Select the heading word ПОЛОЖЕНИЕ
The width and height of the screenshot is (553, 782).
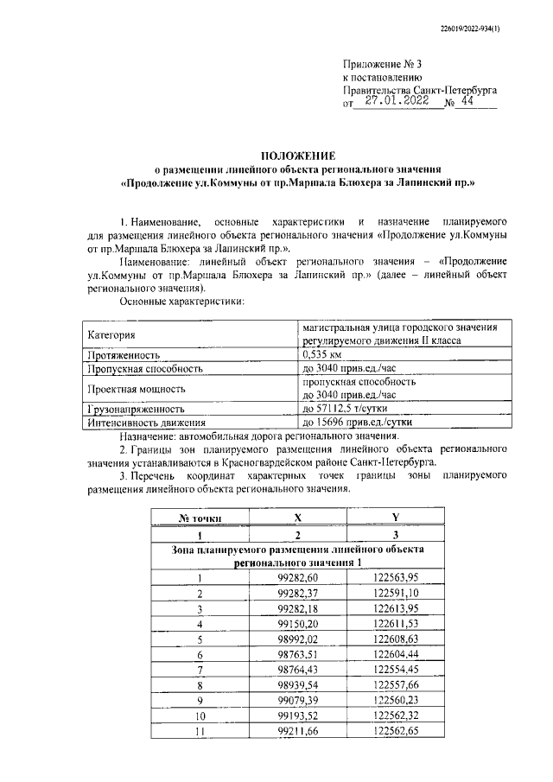(298, 155)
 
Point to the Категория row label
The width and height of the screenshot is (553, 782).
(111, 334)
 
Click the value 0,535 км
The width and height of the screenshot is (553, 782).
(323, 354)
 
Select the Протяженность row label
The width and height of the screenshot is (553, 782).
(122, 354)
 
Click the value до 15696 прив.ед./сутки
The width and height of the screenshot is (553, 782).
(357, 423)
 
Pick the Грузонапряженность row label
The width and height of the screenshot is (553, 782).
(135, 408)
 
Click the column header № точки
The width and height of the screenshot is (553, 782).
(200, 517)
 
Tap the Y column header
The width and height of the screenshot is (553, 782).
(395, 517)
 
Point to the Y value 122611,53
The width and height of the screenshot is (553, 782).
(395, 622)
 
